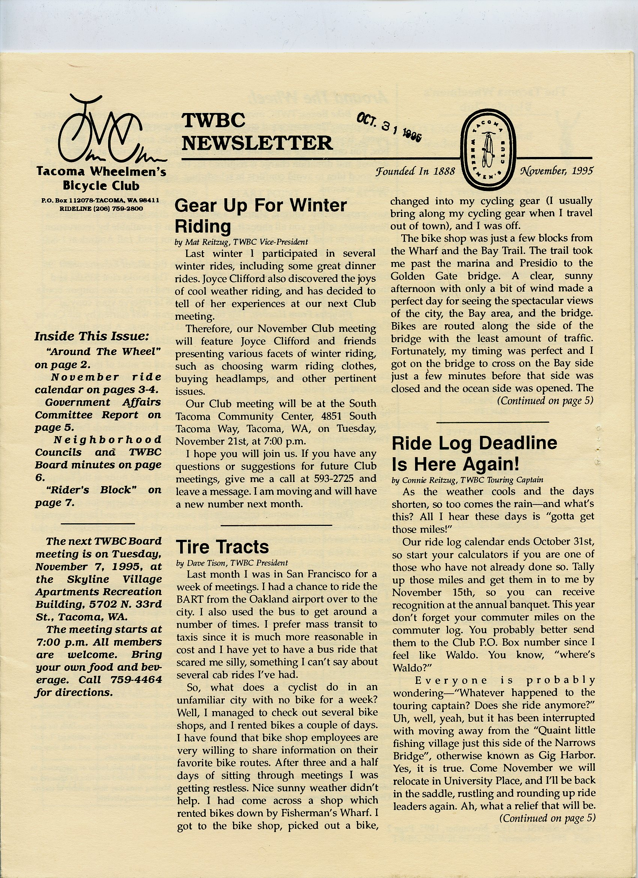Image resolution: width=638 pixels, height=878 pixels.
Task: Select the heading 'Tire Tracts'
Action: [x=222, y=547]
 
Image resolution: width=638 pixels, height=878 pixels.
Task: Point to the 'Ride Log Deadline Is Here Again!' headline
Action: [x=474, y=453]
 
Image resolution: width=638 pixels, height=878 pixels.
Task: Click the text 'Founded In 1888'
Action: [x=415, y=171]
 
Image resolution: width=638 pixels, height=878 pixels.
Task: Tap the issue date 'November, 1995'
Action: [x=557, y=171]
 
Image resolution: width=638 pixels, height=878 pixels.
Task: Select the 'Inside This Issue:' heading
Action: [x=92, y=336]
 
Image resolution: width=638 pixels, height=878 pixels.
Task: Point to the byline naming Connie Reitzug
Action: [x=467, y=480]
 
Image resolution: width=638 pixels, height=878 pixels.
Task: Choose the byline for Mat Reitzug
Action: [x=241, y=242]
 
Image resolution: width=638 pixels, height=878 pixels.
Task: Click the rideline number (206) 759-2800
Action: [x=101, y=209]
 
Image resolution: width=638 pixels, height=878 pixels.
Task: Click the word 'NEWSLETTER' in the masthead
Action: [x=257, y=143]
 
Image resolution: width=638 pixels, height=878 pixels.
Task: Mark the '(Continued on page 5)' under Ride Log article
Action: [x=547, y=818]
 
